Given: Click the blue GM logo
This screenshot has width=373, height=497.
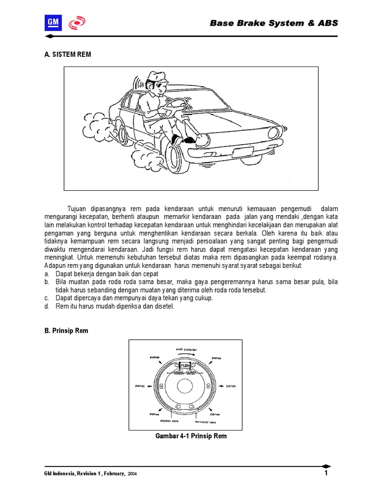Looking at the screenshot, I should tap(52, 23).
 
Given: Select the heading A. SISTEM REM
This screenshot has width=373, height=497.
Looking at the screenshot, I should tap(67, 55).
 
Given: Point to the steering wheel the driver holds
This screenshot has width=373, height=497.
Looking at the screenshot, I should tap(178, 104).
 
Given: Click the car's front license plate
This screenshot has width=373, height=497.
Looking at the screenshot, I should tap(242, 151).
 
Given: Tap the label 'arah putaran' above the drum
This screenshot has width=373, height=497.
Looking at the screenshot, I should tap(186, 349).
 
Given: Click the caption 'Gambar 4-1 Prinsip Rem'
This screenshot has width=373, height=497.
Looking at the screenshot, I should tap(190, 436).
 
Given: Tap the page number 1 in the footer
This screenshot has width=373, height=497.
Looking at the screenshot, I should tap(326, 473).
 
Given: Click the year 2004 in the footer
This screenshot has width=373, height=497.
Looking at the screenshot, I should tap(132, 474).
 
